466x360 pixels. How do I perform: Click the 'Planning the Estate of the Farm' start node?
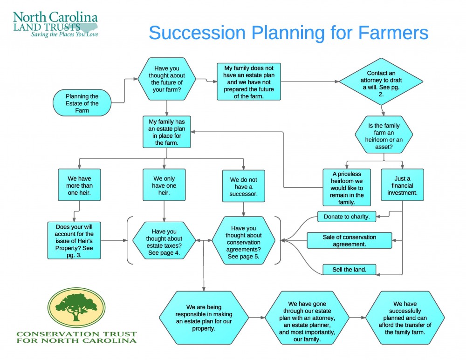pyautogui.click(x=82, y=103)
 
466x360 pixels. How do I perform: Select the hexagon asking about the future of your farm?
pyautogui.click(x=167, y=79)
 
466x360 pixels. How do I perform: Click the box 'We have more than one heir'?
pyautogui.click(x=79, y=185)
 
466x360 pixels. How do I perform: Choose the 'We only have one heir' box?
pyautogui.click(x=164, y=185)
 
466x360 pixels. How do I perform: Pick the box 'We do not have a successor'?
pyautogui.click(x=243, y=186)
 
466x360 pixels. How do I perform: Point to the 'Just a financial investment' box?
pyautogui.click(x=402, y=185)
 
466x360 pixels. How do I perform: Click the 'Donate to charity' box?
pyautogui.click(x=347, y=217)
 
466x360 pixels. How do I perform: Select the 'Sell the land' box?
pyautogui.click(x=349, y=270)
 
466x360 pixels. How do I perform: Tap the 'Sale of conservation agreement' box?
pyautogui.click(x=349, y=240)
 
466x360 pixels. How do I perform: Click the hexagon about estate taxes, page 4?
pyautogui.click(x=164, y=240)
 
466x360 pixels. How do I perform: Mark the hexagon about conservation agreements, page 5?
pyautogui.click(x=244, y=240)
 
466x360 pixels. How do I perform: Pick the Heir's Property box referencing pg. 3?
pyautogui.click(x=74, y=240)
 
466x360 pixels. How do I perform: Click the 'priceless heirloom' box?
pyautogui.click(x=346, y=188)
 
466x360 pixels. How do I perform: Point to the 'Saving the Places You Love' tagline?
pyautogui.click(x=64, y=34)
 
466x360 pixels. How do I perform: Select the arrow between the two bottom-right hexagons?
pyautogui.click(x=357, y=318)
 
